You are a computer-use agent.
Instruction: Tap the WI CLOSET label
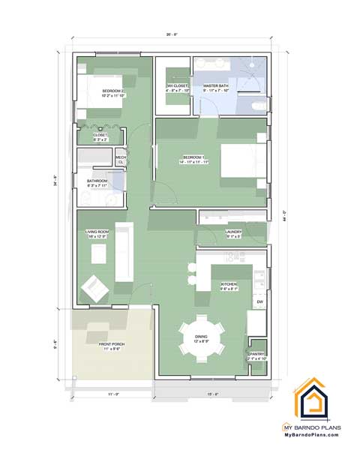(x=178, y=86)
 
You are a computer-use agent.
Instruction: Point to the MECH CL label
(x=121, y=159)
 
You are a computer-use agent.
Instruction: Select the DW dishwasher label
(x=259, y=301)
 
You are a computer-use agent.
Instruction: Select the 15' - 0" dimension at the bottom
(x=212, y=394)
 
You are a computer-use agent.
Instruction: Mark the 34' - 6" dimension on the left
(x=56, y=182)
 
